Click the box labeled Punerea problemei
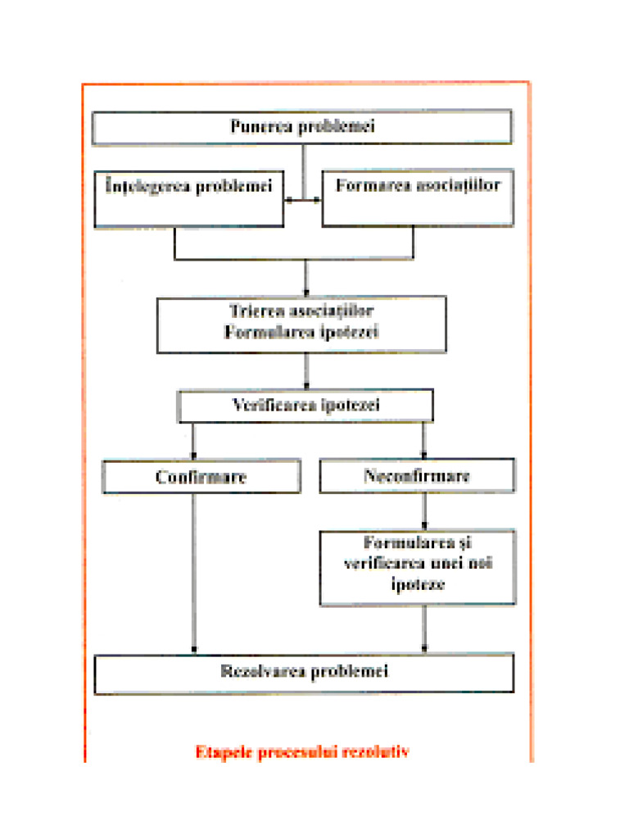302,127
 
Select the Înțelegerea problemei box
189,198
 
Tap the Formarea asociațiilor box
418,198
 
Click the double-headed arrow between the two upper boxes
303,199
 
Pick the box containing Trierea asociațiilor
302,324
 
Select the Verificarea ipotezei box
305,406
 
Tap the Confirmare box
201,476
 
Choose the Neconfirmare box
417,476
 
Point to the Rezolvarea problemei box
304,673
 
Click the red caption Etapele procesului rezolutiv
302,751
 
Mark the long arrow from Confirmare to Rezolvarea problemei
194,574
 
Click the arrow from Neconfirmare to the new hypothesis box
423,511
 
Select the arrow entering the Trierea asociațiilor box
305,279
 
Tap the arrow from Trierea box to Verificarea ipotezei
306,371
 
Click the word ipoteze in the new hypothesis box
417,587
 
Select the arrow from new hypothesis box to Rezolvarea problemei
423,629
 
